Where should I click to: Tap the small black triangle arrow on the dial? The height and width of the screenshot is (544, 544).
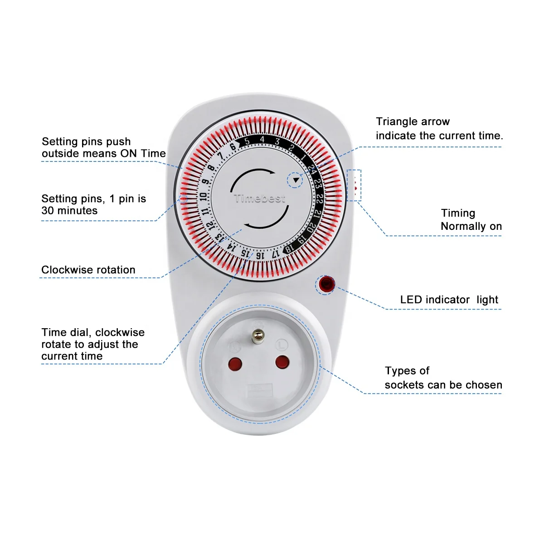pyautogui.click(x=296, y=180)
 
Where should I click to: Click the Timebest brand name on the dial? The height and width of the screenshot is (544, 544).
pyautogui.click(x=260, y=199)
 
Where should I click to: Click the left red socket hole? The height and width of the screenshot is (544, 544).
pyautogui.click(x=235, y=364)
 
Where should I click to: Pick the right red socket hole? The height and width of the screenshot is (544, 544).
pyautogui.click(x=282, y=362)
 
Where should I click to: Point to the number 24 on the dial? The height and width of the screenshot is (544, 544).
pyautogui.click(x=312, y=170)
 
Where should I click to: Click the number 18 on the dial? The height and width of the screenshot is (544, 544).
pyautogui.click(x=288, y=249)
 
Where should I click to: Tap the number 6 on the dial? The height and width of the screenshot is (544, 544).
pyautogui.click(x=233, y=147)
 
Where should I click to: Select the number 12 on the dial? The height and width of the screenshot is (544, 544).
pyautogui.click(x=209, y=225)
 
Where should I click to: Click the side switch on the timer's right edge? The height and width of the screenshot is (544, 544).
pyautogui.click(x=354, y=185)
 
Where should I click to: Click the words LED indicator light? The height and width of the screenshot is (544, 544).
pyautogui.click(x=449, y=300)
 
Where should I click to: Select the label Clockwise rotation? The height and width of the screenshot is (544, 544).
pyautogui.click(x=88, y=270)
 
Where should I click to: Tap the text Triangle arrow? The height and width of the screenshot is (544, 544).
pyautogui.click(x=413, y=121)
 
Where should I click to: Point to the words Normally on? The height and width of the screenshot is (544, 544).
pyautogui.click(x=471, y=226)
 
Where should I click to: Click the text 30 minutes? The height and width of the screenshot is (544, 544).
pyautogui.click(x=69, y=210)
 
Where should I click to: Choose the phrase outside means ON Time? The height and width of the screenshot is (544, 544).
pyautogui.click(x=104, y=154)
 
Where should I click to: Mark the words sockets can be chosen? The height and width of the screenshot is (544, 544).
pyautogui.click(x=443, y=385)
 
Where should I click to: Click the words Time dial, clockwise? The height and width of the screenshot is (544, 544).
pyautogui.click(x=93, y=332)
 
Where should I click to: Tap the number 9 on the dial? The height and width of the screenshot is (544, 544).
pyautogui.click(x=205, y=182)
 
